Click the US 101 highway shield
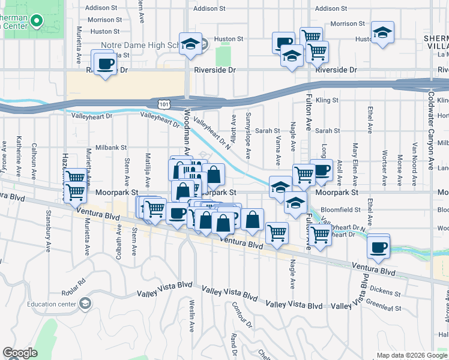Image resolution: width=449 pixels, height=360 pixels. (164, 104)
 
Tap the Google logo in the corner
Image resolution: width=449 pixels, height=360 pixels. (20, 353)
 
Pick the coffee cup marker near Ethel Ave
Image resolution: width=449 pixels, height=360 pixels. (378, 247)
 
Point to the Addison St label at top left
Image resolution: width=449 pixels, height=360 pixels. (101, 8)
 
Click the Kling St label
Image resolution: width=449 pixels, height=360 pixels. (327, 100)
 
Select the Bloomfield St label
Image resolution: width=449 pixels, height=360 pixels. (341, 211)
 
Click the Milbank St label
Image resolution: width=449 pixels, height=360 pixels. (110, 147)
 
